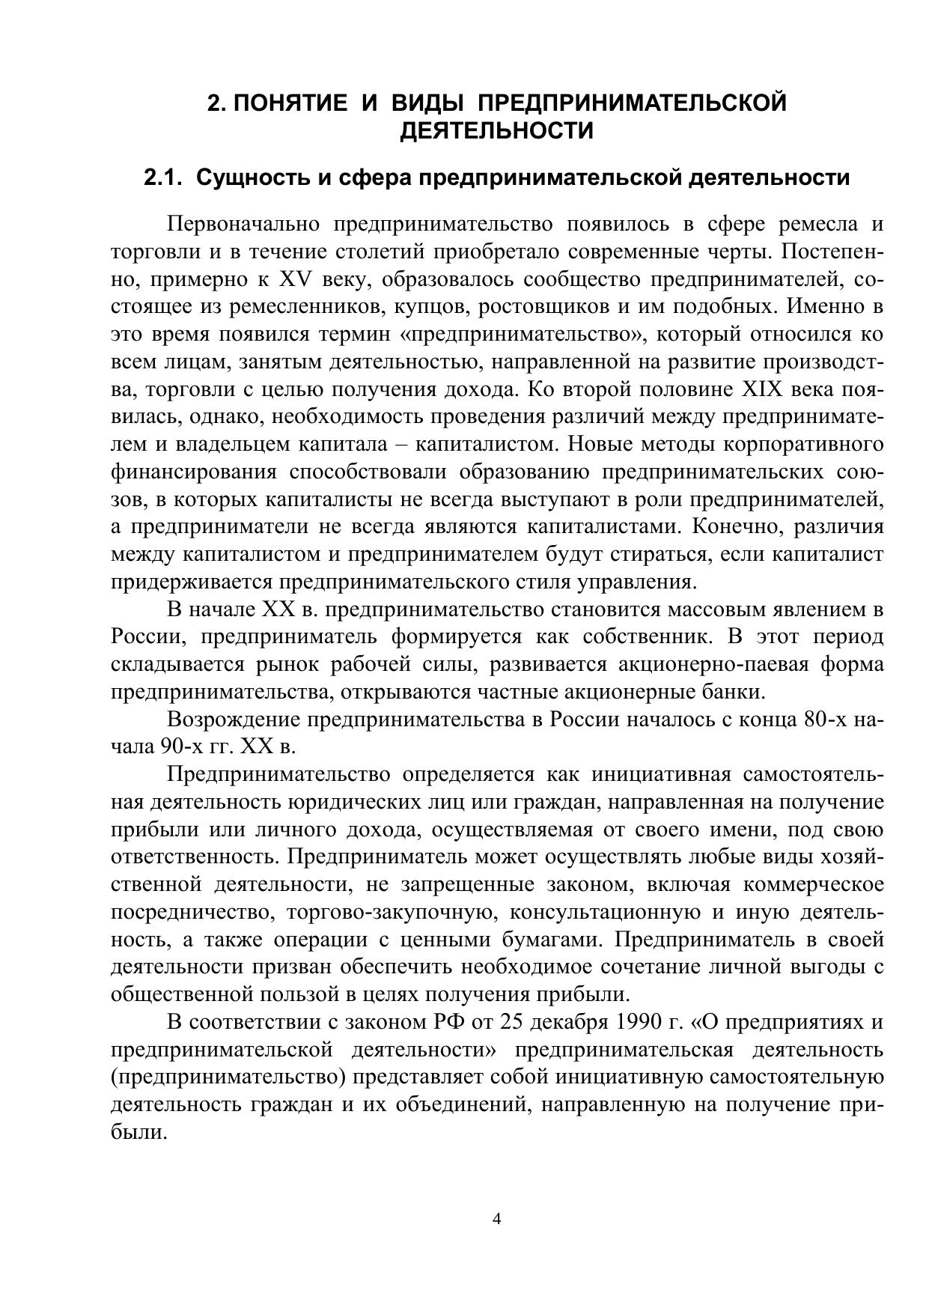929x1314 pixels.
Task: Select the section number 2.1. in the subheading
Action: pyautogui.click(x=163, y=178)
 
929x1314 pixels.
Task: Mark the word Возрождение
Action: pyautogui.click(x=234, y=720)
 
